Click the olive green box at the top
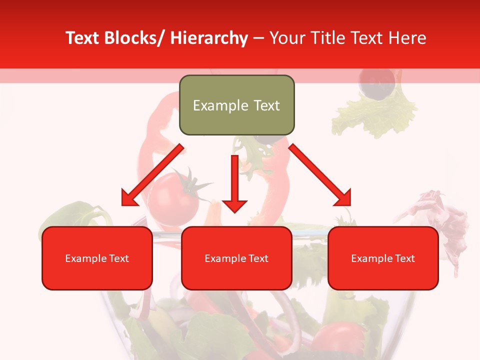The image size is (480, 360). coord(236,105)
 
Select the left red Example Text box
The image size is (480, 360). coord(97,258)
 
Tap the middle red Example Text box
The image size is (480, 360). coord(236,258)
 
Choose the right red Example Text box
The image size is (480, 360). coord(383,258)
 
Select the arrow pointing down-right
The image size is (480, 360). coord(320,175)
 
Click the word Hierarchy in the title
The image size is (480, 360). coord(209,38)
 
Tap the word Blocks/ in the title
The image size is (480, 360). coord(134,38)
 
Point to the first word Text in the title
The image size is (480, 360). coord(83,38)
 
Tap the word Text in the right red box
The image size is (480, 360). coord(404,258)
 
